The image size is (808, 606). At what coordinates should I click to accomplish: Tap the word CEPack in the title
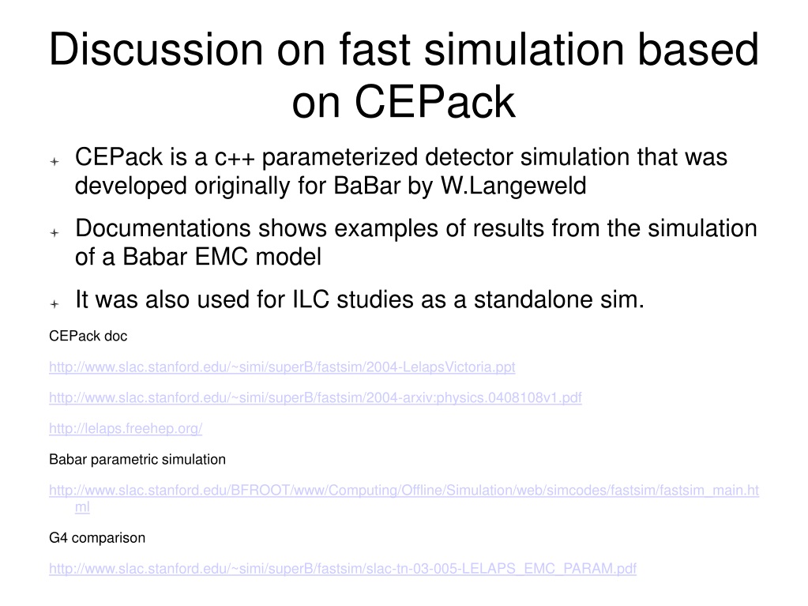435,102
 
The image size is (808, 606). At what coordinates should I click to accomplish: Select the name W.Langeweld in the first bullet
513,186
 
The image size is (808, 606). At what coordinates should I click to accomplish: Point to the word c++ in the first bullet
235,158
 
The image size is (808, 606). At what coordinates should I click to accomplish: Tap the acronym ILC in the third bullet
310,299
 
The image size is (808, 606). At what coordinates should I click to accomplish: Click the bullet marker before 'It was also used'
54,304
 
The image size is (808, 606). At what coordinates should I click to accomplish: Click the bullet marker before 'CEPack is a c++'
54,162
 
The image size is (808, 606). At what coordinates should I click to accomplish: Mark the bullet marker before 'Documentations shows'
54,233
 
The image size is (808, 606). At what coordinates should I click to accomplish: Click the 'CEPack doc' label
88,336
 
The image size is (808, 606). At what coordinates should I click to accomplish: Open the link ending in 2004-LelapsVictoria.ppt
283,367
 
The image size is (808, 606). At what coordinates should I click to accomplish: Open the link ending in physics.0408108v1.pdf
315,398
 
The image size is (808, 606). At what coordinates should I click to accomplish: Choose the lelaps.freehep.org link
126,429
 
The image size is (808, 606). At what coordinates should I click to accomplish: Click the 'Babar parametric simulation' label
137,460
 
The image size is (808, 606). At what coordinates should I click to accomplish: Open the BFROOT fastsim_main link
404,490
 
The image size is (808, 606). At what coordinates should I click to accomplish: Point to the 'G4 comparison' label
97,538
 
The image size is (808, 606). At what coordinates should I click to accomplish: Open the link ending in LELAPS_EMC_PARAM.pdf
343,569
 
